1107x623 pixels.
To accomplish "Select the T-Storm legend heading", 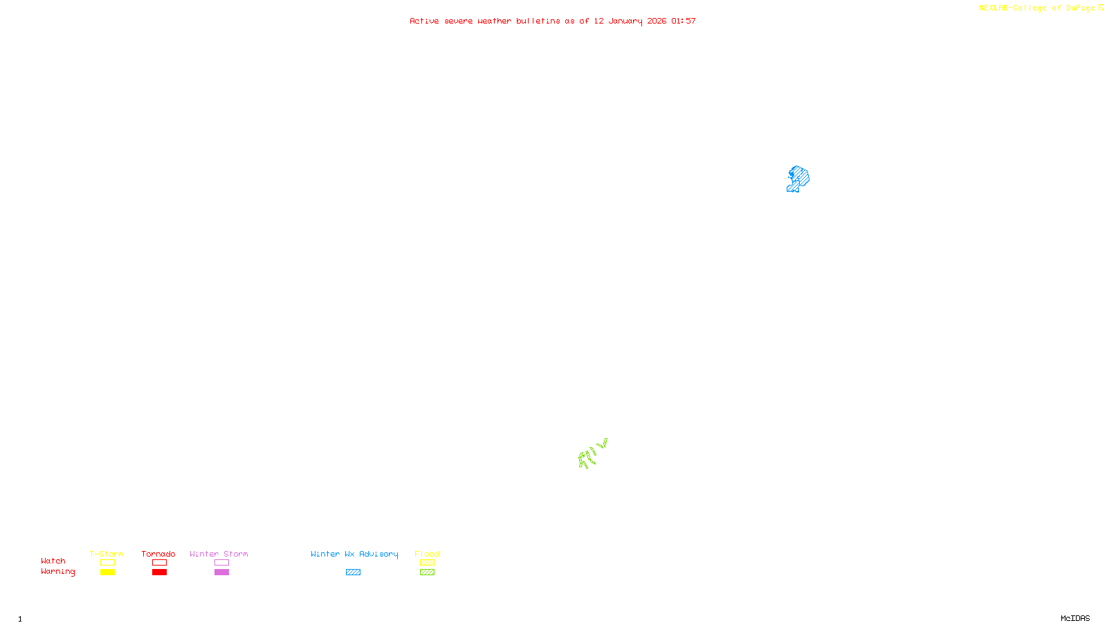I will (x=107, y=554).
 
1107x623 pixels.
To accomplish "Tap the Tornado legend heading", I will (x=158, y=554).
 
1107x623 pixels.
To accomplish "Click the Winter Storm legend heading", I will (x=219, y=554).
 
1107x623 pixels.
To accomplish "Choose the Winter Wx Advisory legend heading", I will (x=354, y=554).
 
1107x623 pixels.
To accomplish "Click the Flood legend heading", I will (x=427, y=554).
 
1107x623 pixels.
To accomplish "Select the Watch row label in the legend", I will (x=53, y=561).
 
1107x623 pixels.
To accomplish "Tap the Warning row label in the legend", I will (x=57, y=572).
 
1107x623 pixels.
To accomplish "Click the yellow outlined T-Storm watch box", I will (x=107, y=563).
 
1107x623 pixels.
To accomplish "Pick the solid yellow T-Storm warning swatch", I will (x=107, y=572).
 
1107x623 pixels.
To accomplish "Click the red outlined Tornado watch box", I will (x=159, y=563).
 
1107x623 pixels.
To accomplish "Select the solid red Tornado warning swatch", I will (x=159, y=572).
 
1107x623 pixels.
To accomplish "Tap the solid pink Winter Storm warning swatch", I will (x=221, y=572).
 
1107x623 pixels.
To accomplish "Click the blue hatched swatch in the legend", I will (x=353, y=572).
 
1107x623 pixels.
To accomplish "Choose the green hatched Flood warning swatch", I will (x=427, y=572).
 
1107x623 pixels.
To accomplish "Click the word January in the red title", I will (x=625, y=21).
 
